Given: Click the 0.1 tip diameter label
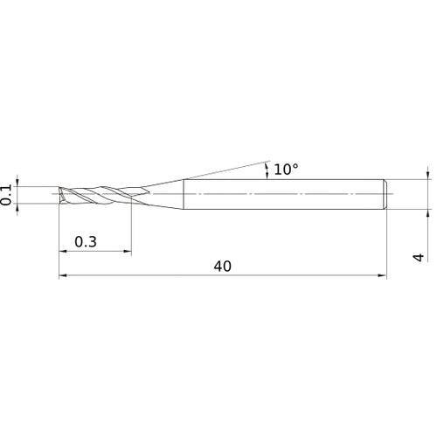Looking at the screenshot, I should pos(8,193).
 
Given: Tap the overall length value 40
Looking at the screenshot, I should pos(221,267).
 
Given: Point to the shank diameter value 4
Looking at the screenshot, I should pos(419,257).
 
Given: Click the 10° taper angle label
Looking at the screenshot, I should pos(286,169).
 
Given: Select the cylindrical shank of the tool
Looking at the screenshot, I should pos(280,193).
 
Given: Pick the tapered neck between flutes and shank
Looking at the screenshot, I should pos(162,192).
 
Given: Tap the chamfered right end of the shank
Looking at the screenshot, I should pos(385,193).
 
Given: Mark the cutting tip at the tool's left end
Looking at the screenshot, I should pos(61,193).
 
